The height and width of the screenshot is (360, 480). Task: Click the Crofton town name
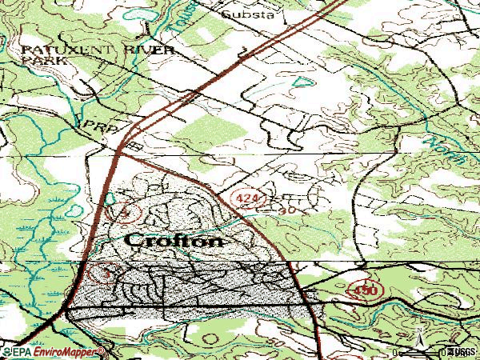click(x=174, y=239)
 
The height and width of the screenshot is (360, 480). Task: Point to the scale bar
click(x=420, y=351)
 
